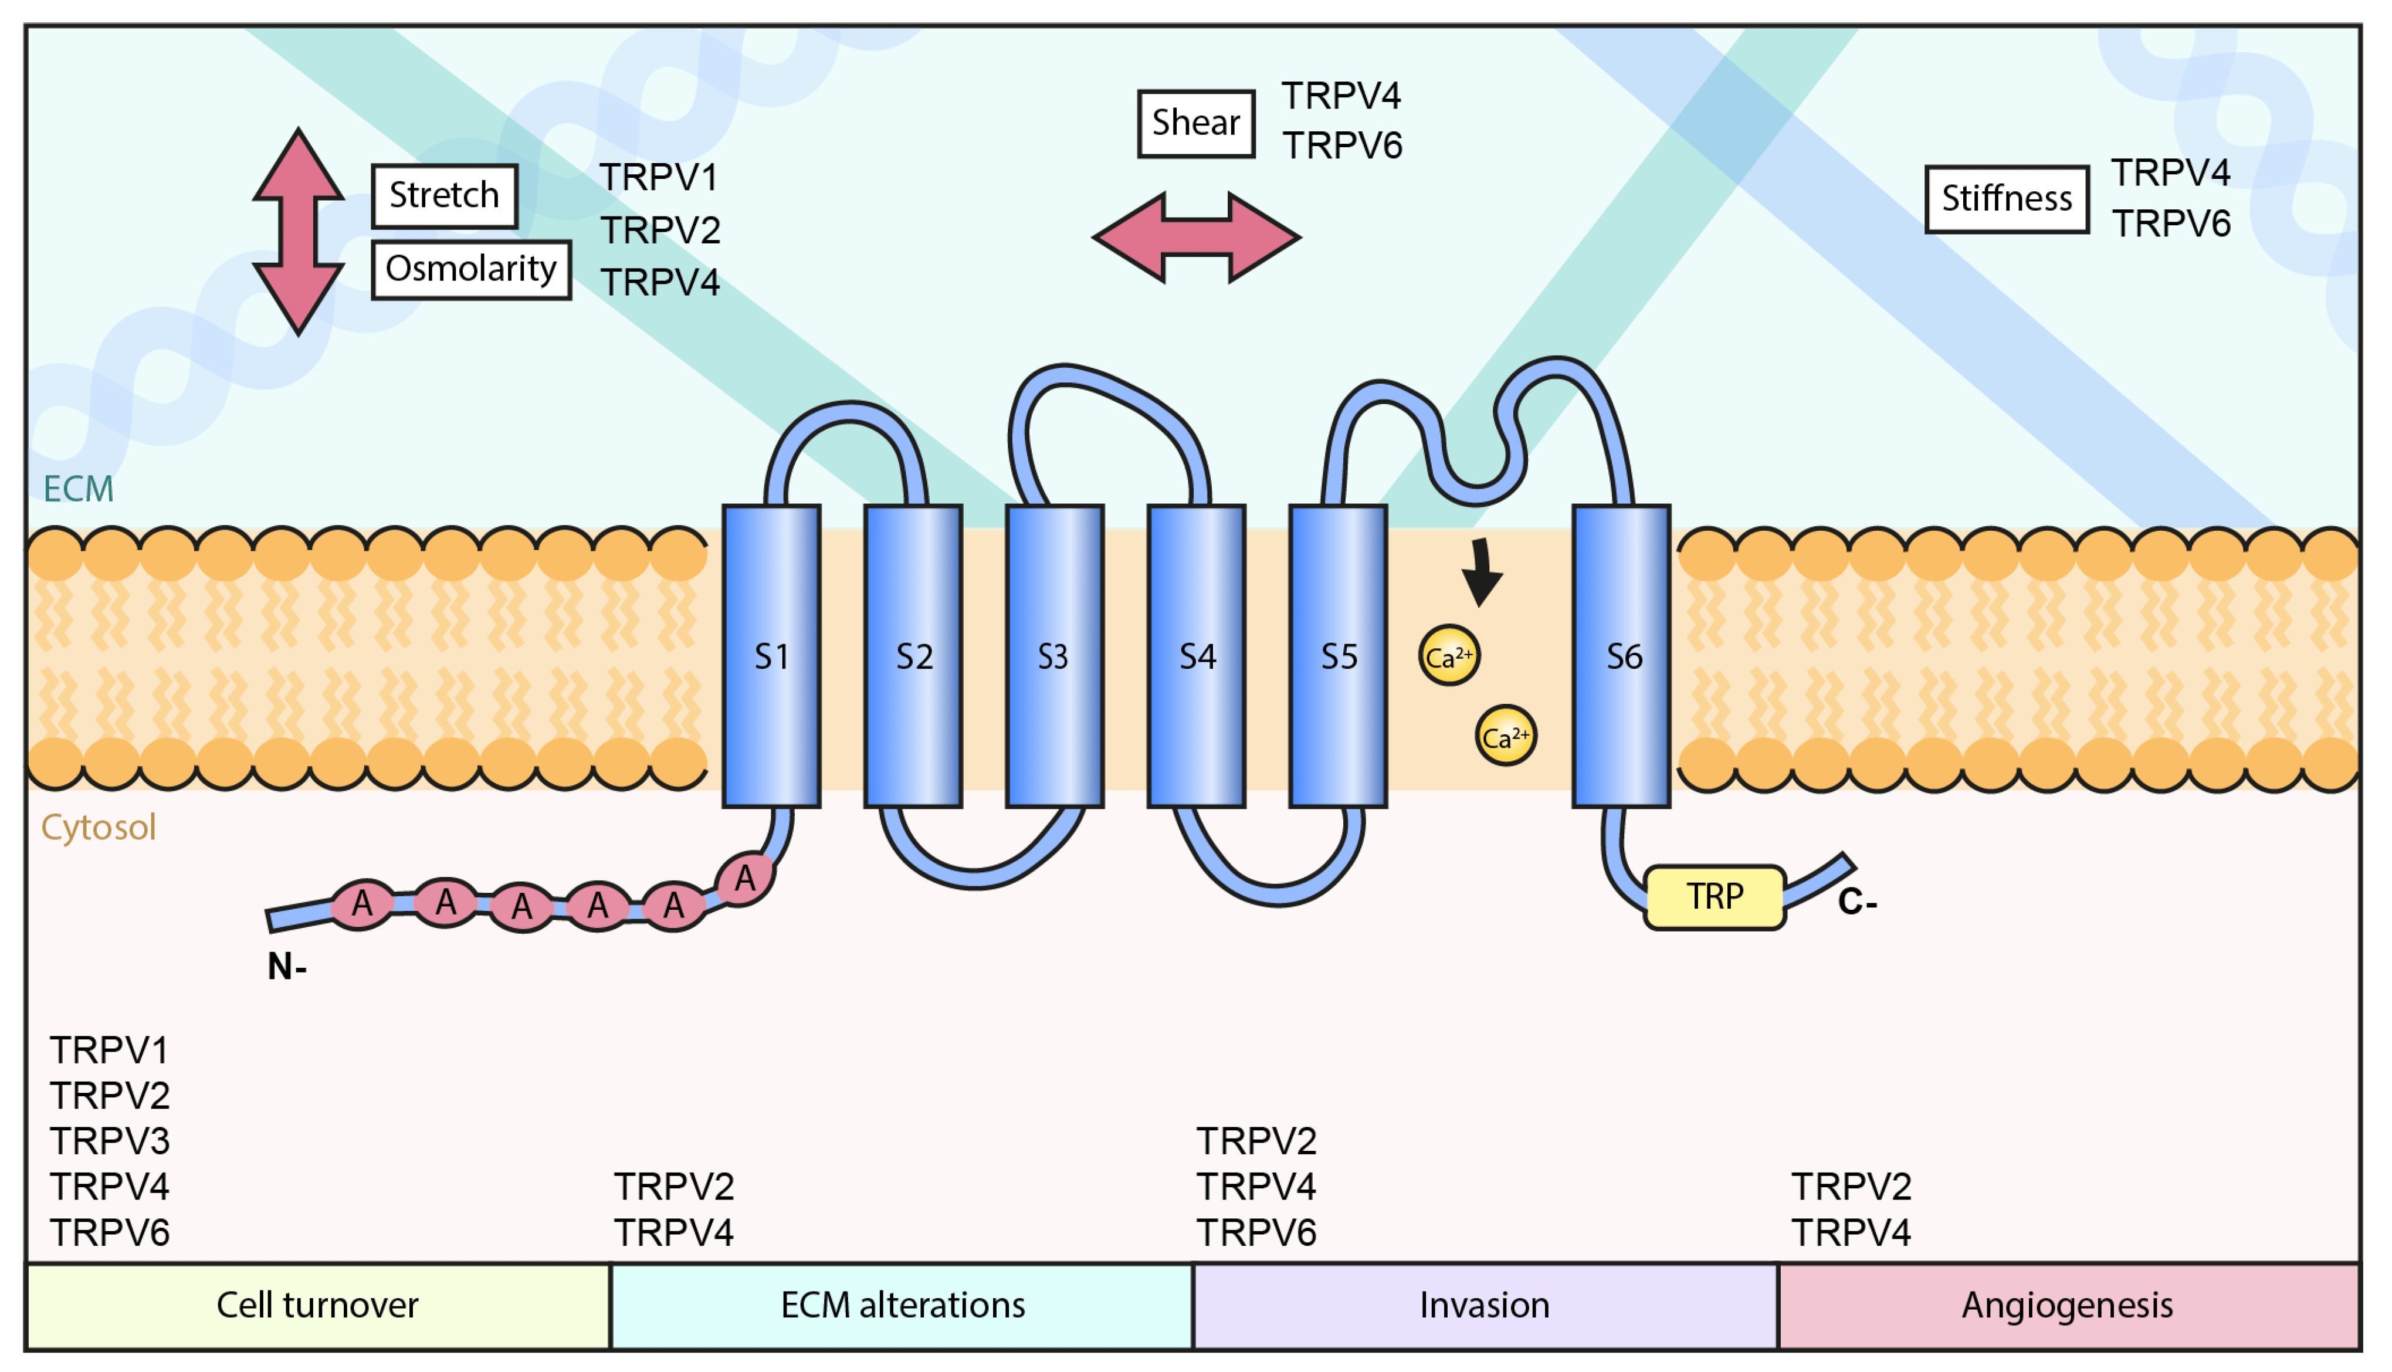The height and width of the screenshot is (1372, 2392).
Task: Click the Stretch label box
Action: (x=443, y=196)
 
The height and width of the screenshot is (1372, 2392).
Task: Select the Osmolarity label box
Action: (x=471, y=269)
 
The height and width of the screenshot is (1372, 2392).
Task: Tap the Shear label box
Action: (x=1195, y=123)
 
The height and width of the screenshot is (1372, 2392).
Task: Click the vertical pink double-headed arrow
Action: (x=298, y=232)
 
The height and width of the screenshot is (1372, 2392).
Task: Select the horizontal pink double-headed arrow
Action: (x=1197, y=238)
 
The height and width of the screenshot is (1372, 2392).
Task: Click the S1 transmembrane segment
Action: (x=771, y=656)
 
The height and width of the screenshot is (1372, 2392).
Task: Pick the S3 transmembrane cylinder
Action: (x=1054, y=656)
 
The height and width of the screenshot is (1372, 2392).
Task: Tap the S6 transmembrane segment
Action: (x=1621, y=656)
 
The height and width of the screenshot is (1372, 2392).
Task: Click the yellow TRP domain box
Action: (x=1715, y=897)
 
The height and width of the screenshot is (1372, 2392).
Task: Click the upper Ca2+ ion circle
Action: (x=1449, y=656)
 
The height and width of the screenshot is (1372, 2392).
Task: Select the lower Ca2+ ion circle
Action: (x=1506, y=736)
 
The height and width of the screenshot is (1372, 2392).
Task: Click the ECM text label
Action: (x=78, y=489)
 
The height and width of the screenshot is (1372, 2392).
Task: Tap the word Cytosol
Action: (x=98, y=827)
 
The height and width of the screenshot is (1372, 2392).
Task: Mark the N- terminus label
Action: (x=286, y=967)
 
